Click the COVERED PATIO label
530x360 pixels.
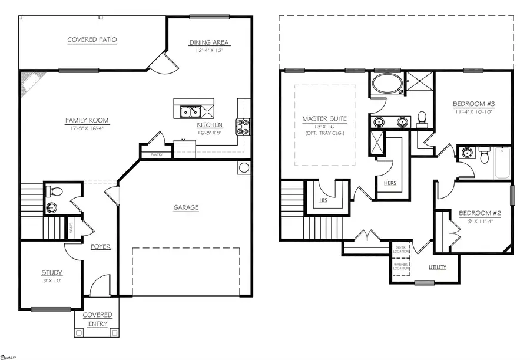pos(92,40)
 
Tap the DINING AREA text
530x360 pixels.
pos(208,42)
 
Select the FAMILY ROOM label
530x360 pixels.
pos(87,121)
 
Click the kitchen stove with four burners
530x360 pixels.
pos(243,125)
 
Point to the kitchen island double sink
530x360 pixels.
pos(190,110)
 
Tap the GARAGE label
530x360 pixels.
pos(185,207)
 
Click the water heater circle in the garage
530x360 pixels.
pos(244,168)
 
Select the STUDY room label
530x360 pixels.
pos(51,272)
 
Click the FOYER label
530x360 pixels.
pos(101,246)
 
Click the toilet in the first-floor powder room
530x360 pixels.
pos(54,191)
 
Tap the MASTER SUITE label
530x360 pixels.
pos(324,119)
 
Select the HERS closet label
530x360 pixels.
pos(389,183)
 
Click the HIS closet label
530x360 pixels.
pos(323,200)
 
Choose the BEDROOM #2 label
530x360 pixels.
pos(472,214)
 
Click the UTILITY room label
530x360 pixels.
pos(436,267)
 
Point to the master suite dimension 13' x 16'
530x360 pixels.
pos(324,127)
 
